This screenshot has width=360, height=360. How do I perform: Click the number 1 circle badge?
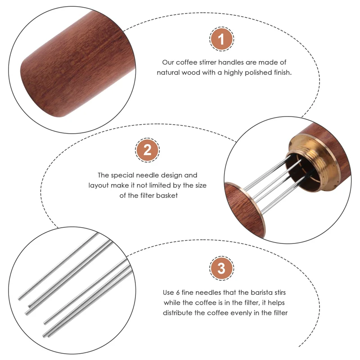[221, 40]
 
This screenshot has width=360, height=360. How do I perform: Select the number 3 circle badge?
[221, 269]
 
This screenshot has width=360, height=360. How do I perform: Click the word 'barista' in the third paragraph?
[254, 292]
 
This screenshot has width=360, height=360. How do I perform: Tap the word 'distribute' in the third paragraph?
[176, 312]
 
